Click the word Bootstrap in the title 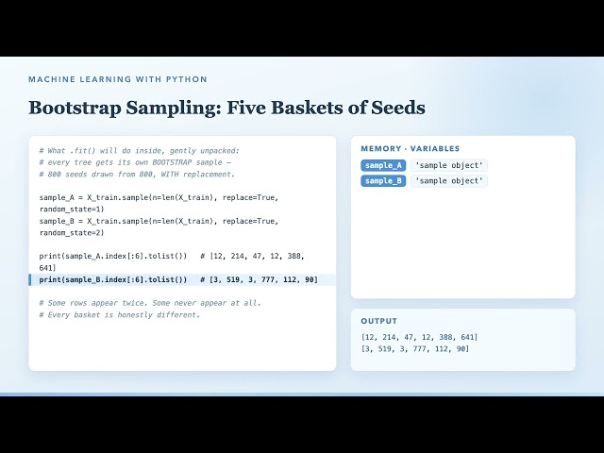tap(75, 108)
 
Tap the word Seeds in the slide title tap(398, 107)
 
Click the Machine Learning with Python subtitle tap(118, 79)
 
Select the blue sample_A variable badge tap(383, 165)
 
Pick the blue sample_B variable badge tap(383, 180)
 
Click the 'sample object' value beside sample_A tap(449, 165)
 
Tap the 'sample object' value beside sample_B tap(449, 180)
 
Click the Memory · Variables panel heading tap(411, 149)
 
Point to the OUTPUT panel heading tap(379, 321)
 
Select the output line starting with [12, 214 tap(419, 337)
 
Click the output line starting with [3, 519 tap(415, 349)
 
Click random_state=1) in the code tap(72, 210)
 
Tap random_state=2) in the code tap(72, 233)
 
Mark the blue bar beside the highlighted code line tap(30, 279)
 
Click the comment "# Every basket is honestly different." tap(120, 314)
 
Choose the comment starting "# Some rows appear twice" tap(150, 303)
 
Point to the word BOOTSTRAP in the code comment tap(172, 162)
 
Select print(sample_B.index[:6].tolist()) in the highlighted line tap(113, 279)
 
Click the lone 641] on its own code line tap(48, 268)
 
